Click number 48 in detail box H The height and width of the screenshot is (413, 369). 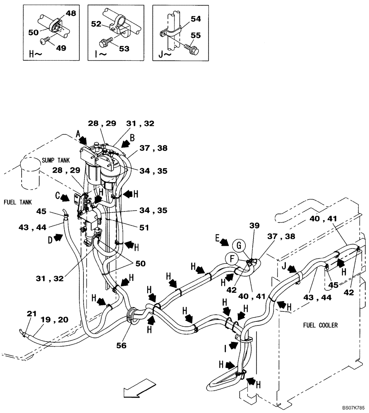(71, 14)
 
